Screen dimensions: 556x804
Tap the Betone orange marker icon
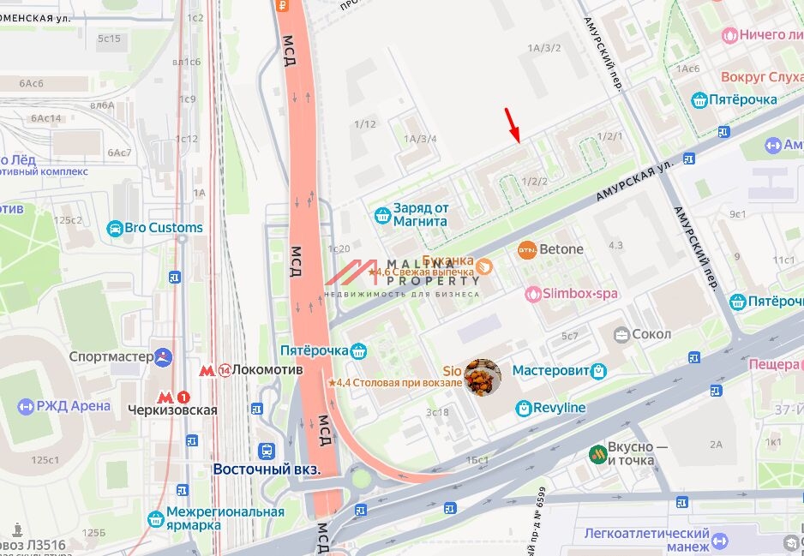coord(527,250)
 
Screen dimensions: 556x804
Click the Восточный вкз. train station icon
coord(267,451)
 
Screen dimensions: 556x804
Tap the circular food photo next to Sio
coord(483,377)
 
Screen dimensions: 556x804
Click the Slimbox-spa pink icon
coord(534,294)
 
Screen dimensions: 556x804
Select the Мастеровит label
coord(550,371)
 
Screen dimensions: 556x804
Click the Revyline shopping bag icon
coord(523,409)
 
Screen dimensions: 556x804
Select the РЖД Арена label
coord(74,406)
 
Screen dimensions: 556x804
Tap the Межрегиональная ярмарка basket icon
coord(155,519)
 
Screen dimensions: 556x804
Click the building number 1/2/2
coord(534,182)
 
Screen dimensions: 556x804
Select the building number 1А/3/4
coord(420,139)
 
